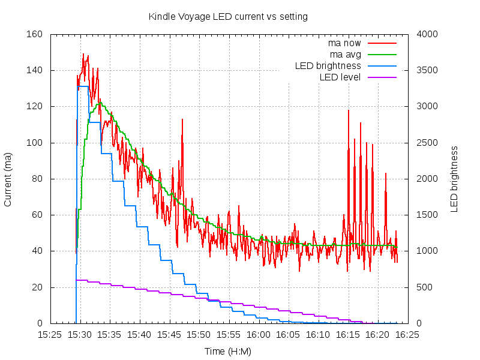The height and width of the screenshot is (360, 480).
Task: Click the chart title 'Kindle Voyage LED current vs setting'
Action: point(228,17)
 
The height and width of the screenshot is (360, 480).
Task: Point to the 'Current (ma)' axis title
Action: point(8,179)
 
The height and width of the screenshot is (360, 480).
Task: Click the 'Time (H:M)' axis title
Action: point(228,352)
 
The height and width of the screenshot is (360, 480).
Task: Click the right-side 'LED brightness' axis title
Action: point(454,179)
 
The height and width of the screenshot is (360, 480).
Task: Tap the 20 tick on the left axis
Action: point(35,287)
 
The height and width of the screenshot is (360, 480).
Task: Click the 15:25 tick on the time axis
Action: point(50,334)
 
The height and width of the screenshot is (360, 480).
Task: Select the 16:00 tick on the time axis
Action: point(259,334)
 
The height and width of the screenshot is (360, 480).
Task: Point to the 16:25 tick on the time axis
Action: point(407,334)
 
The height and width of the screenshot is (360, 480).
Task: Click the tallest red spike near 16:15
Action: point(348,110)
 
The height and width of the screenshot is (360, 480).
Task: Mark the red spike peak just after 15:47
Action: point(182,119)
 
